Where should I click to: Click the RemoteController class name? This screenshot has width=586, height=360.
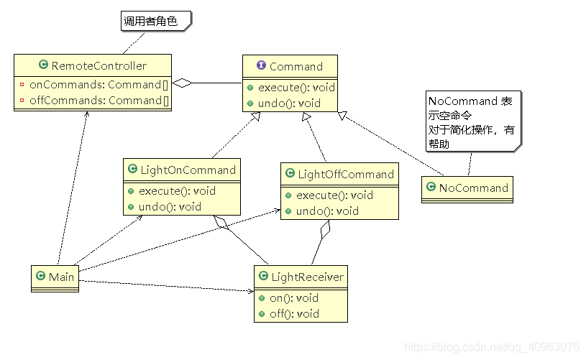pyautogui.click(x=99, y=65)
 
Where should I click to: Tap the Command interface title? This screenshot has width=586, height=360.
pyautogui.click(x=296, y=66)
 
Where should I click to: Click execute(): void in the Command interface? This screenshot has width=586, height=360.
pyautogui.click(x=296, y=88)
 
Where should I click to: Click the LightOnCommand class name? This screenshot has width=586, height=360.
pyautogui.click(x=187, y=170)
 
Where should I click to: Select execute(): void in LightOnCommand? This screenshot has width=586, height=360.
pyautogui.click(x=177, y=191)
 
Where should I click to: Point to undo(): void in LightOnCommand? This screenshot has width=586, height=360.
pyautogui.click(x=170, y=207)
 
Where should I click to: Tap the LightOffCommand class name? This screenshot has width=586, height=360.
pyautogui.click(x=345, y=174)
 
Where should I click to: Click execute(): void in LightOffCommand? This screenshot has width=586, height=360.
pyautogui.click(x=334, y=195)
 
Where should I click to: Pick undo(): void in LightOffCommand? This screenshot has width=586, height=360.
pyautogui.click(x=327, y=211)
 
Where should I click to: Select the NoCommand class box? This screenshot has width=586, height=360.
pyautogui.click(x=467, y=188)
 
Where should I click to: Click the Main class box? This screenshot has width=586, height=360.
pyautogui.click(x=55, y=277)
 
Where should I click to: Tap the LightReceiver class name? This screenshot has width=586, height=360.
pyautogui.click(x=307, y=277)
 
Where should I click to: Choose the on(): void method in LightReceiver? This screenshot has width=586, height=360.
pyautogui.click(x=293, y=297)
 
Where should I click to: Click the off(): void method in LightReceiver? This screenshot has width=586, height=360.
pyautogui.click(x=293, y=313)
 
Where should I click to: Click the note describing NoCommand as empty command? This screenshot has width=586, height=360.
pyautogui.click(x=470, y=122)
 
